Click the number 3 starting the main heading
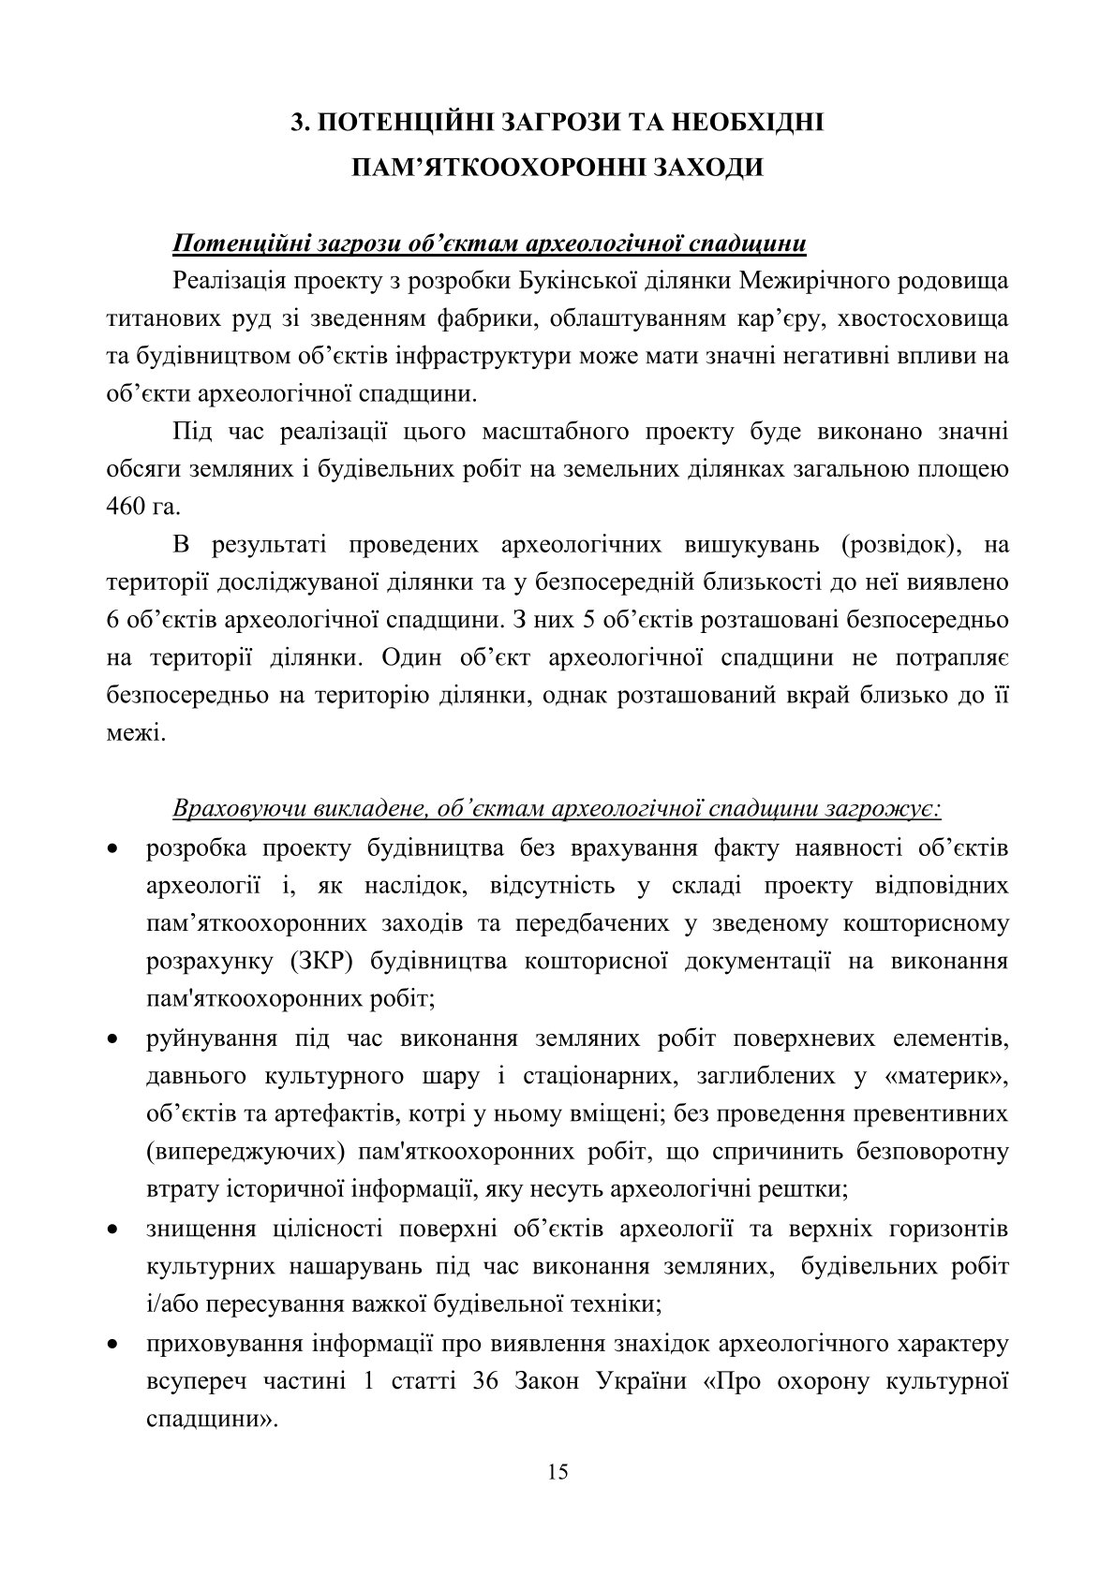(298, 124)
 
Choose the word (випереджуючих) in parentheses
(241, 1151)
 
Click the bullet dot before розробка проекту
(112, 850)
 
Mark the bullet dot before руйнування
(112, 1040)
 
